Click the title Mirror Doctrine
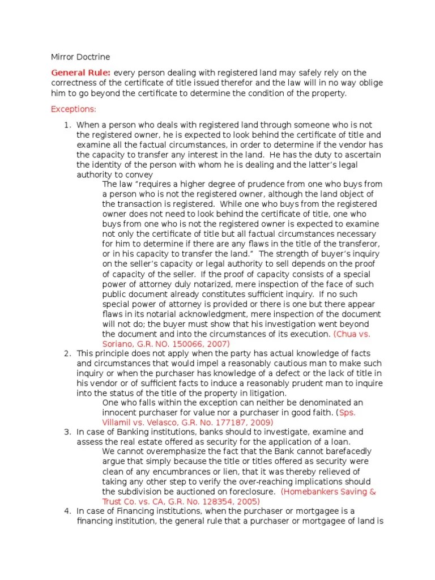click(80, 57)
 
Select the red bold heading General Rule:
click(81, 72)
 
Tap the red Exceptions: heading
click(74, 109)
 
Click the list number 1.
click(66, 125)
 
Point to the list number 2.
click(66, 353)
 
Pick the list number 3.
click(66, 432)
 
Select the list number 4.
click(66, 511)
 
